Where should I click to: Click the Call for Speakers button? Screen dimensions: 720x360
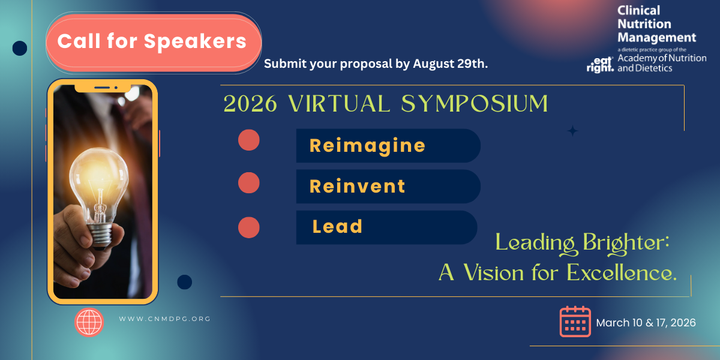point(154,43)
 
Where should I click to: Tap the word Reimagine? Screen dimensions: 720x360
point(367,146)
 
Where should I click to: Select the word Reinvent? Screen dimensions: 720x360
point(357,187)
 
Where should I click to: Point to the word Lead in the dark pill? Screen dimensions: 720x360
point(337,226)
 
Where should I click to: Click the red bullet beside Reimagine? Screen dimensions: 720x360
point(249,140)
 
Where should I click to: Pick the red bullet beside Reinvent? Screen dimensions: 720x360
point(249,182)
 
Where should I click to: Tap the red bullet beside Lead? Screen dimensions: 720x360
point(249,227)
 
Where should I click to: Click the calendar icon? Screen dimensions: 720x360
point(575,322)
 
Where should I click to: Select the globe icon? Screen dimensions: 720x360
point(89,322)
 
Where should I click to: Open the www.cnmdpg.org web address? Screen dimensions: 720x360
point(164,319)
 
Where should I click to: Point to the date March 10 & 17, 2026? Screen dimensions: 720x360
point(646,323)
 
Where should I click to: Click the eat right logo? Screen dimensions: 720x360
point(600,65)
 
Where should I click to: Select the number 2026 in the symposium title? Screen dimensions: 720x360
point(250,104)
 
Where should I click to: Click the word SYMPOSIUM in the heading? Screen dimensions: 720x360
point(475,103)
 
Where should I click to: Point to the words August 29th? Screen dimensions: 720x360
point(450,64)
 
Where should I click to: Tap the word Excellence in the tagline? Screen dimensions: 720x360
point(622,273)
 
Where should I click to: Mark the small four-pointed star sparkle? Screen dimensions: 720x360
point(572,131)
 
